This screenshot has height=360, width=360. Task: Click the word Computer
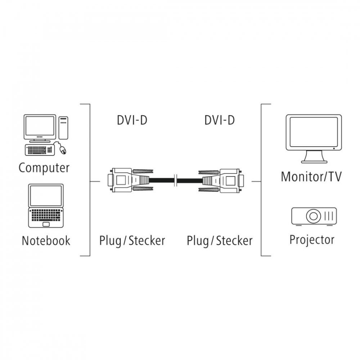[x=44, y=168]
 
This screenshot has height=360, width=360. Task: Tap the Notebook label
[x=46, y=240]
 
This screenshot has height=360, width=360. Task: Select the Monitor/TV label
[x=311, y=176]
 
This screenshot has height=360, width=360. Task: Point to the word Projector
[x=312, y=239]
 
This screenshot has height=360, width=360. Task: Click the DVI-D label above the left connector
[x=132, y=120]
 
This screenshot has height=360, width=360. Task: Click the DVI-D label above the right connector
[x=220, y=120]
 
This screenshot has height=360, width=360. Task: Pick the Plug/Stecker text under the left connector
[x=132, y=240]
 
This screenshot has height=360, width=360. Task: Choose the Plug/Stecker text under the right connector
[x=220, y=240]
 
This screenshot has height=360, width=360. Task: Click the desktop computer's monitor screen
[x=40, y=126]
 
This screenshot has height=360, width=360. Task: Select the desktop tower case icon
[x=63, y=128]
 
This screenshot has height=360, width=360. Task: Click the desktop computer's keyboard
[x=40, y=149]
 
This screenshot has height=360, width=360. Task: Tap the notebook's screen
[x=46, y=196]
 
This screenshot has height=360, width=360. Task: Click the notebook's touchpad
[x=46, y=224]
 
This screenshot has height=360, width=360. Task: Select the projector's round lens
[x=313, y=216]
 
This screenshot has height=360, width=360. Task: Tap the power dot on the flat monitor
[x=334, y=148]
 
